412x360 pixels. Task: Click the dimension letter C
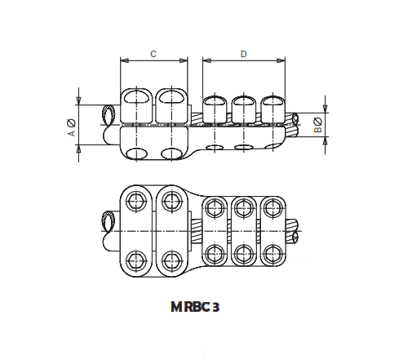153,54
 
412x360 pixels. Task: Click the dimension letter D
244,54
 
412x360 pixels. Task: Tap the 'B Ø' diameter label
318,125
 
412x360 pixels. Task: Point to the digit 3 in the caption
215,308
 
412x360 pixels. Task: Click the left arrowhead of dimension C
123,61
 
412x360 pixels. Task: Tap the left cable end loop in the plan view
108,221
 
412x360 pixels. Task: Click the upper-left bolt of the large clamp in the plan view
135,201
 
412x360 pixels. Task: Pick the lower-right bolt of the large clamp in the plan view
171,260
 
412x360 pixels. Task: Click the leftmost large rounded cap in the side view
135,104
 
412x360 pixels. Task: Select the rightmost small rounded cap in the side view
272,108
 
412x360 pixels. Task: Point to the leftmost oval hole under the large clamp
135,154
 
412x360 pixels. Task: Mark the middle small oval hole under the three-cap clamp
244,148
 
